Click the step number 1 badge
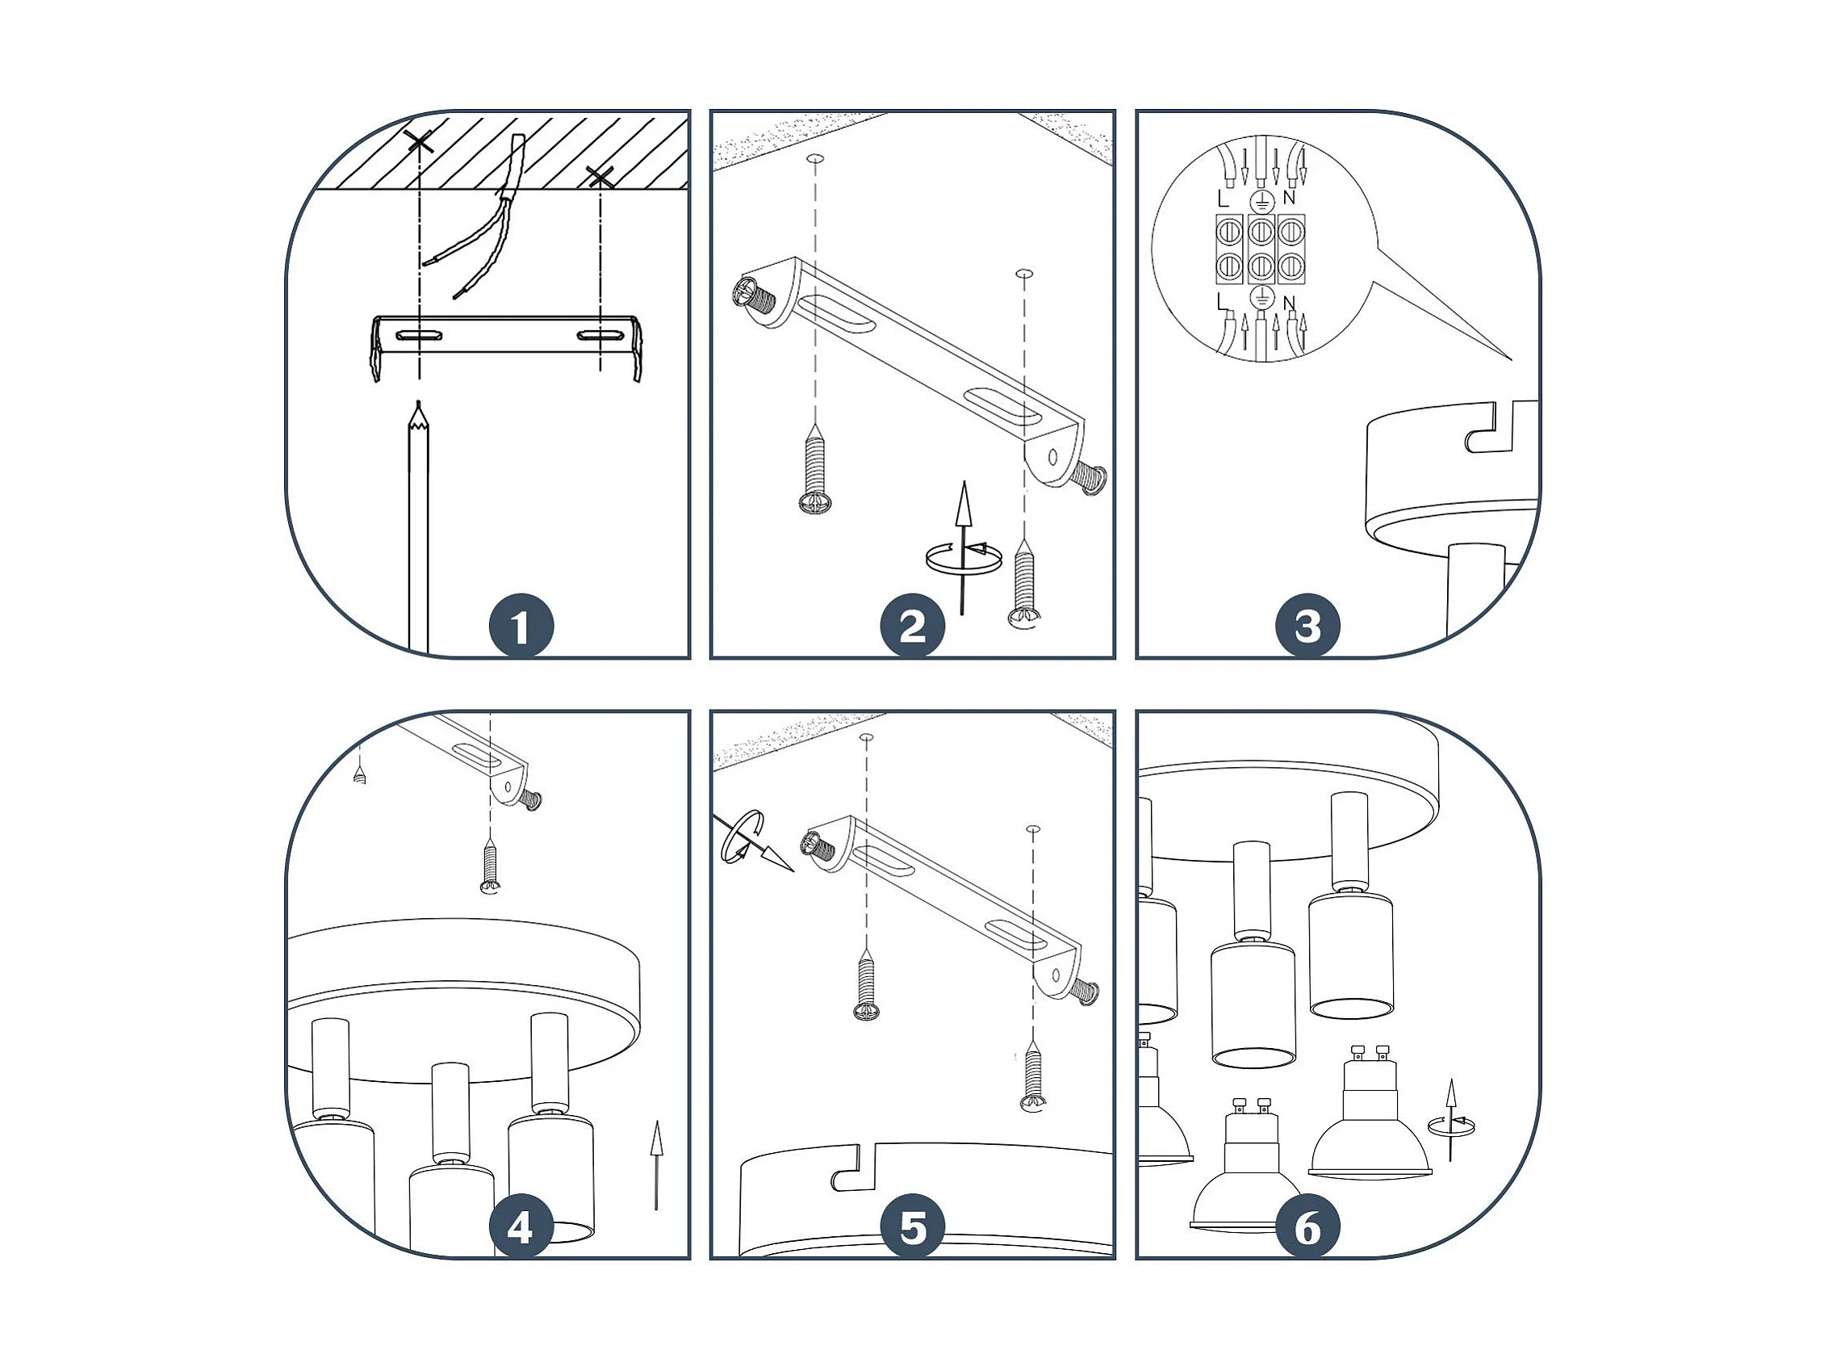(x=520, y=626)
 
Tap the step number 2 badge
(x=911, y=626)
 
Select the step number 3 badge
(x=1307, y=626)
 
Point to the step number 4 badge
(x=520, y=1228)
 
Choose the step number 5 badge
(x=911, y=1228)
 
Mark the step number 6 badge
(x=1307, y=1228)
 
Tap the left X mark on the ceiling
(x=420, y=142)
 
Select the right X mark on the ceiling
(x=599, y=176)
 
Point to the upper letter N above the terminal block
(x=1288, y=199)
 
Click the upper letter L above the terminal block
(x=1224, y=199)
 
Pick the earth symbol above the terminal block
(x=1261, y=200)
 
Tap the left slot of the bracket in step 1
(x=420, y=336)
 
